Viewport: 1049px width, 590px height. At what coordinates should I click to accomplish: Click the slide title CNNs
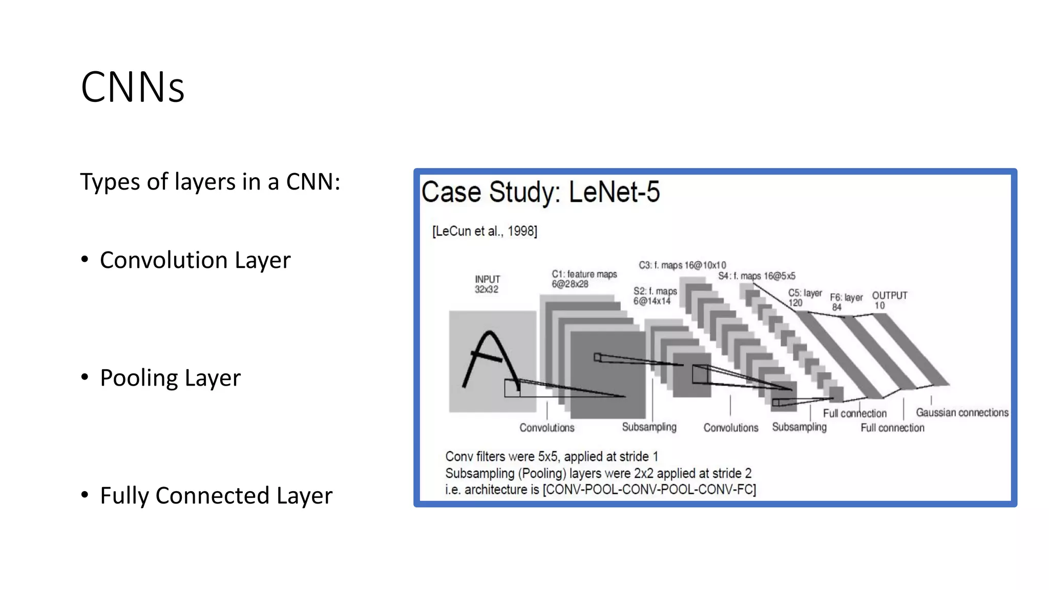pyautogui.click(x=132, y=88)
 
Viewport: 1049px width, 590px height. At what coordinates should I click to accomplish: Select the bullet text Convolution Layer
pyautogui.click(x=195, y=260)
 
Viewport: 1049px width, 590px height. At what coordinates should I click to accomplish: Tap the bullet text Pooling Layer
pyautogui.click(x=170, y=378)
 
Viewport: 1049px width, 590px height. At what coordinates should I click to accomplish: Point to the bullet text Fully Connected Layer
pyautogui.click(x=216, y=496)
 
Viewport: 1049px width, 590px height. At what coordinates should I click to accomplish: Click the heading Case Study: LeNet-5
pyautogui.click(x=540, y=193)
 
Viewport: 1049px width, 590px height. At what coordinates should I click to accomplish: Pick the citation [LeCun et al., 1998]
pyautogui.click(x=485, y=231)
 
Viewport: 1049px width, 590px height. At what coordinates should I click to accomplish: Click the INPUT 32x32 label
pyautogui.click(x=487, y=284)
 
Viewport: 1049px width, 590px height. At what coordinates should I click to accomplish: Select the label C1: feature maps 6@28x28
pyautogui.click(x=584, y=279)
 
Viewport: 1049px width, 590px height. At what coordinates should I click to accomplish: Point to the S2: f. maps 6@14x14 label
pyautogui.click(x=655, y=296)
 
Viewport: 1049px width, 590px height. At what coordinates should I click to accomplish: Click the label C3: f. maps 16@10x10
pyautogui.click(x=682, y=265)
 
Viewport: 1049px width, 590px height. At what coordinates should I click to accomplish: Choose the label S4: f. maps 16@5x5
pyautogui.click(x=757, y=276)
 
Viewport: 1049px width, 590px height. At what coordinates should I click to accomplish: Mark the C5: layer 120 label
pyautogui.click(x=804, y=298)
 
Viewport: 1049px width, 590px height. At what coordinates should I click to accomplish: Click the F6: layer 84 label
pyautogui.click(x=846, y=302)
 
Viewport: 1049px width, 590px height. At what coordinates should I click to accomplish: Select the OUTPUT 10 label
pyautogui.click(x=889, y=300)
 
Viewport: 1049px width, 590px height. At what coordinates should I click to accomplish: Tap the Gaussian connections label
pyautogui.click(x=962, y=413)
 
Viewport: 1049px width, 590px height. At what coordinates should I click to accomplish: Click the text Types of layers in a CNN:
pyautogui.click(x=210, y=182)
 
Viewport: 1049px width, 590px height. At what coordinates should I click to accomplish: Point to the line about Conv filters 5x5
pyautogui.click(x=551, y=456)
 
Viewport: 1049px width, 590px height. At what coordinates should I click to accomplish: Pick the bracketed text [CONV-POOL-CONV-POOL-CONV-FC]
pyautogui.click(x=649, y=490)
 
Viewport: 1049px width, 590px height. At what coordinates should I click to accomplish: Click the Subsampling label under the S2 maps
pyautogui.click(x=649, y=427)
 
